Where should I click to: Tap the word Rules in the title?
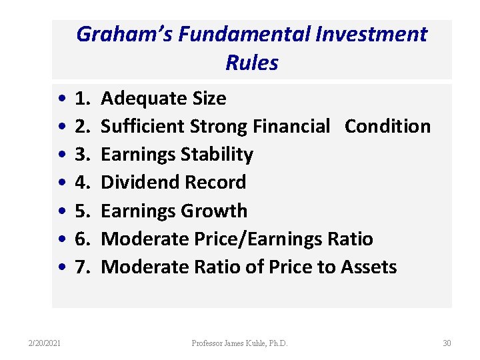tap(252, 63)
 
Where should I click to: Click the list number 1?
tap(83, 99)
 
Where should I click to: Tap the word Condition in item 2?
tap(387, 127)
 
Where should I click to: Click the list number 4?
tap(83, 183)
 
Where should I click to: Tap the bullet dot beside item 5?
tap(61, 211)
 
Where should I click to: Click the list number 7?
tap(83, 267)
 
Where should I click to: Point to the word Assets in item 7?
tap(369, 267)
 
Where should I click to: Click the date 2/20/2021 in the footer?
tap(44, 343)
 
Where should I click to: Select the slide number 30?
tap(447, 343)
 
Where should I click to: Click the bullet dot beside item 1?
tap(61, 99)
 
